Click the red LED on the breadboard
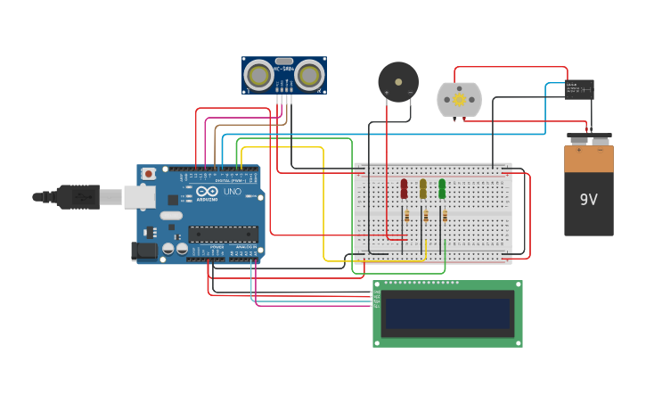pyautogui.click(x=404, y=188)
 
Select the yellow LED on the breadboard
pyautogui.click(x=423, y=188)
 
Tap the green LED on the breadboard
pyautogui.click(x=442, y=188)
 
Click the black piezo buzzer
pyautogui.click(x=397, y=82)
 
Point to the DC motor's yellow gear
pyautogui.click(x=459, y=100)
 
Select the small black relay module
pyautogui.click(x=579, y=89)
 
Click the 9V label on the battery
pyautogui.click(x=588, y=200)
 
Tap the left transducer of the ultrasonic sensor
pyautogui.click(x=259, y=76)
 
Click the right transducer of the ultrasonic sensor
pyautogui.click(x=309, y=76)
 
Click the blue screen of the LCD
pyautogui.click(x=447, y=313)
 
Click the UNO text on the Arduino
pyautogui.click(x=232, y=192)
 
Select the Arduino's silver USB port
pyautogui.click(x=139, y=197)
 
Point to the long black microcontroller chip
pyautogui.click(x=223, y=235)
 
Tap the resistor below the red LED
pyautogui.click(x=407, y=216)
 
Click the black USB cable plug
pyautogui.click(x=80, y=196)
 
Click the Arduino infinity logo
pyautogui.click(x=208, y=192)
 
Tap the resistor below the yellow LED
pyautogui.click(x=426, y=216)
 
